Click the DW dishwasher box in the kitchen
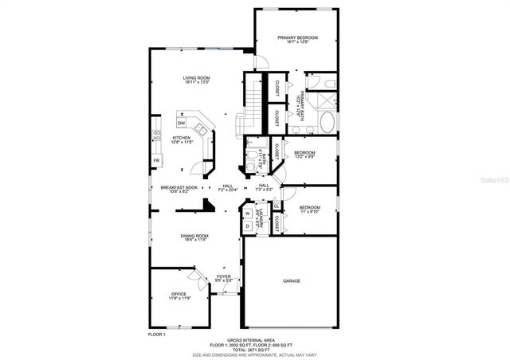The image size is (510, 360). click(182, 123)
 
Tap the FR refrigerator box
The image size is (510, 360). click(156, 160)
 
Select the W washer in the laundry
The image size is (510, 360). click(248, 213)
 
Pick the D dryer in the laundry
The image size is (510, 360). click(248, 226)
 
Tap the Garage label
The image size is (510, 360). click(291, 281)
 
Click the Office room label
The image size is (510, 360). click(178, 295)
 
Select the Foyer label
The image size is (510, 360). click(224, 278)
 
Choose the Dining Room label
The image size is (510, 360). click(195, 237)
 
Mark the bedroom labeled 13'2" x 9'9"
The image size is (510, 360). click(304, 155)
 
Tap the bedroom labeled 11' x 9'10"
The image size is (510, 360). click(309, 209)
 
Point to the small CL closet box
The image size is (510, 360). click(276, 206)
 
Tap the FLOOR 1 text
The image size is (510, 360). click(157, 335)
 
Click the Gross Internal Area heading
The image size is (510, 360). click(245, 339)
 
